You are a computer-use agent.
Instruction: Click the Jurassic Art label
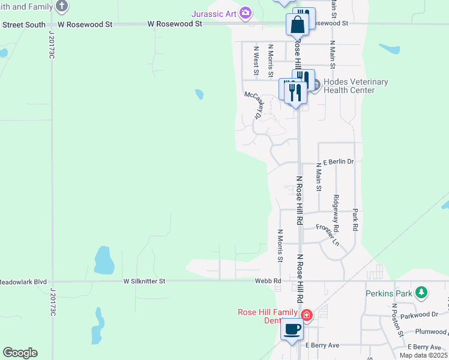point(214,13)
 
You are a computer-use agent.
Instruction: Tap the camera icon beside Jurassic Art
point(245,13)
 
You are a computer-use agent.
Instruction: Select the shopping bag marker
point(298,25)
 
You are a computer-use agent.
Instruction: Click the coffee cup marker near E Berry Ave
point(292,329)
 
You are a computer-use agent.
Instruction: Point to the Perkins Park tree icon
point(423,293)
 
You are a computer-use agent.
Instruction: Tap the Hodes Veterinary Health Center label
point(355,86)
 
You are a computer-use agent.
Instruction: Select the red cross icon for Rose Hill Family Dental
point(306,314)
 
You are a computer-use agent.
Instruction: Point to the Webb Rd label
point(268,281)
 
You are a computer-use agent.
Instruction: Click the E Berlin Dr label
point(339,162)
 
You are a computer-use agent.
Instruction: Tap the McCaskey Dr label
point(255,105)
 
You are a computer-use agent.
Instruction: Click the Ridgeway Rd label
point(336,213)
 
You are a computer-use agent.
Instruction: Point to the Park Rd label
point(355,220)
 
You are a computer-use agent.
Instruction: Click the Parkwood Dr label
point(419,314)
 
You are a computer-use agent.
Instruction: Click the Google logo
point(20,352)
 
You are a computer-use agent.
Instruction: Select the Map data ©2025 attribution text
point(423,355)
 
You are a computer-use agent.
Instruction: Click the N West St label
point(256,61)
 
